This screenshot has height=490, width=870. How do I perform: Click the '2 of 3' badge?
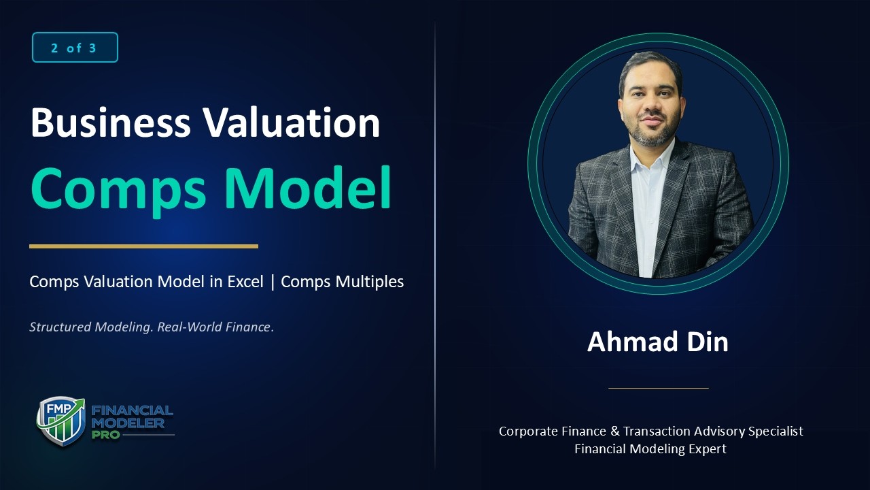pos(75,48)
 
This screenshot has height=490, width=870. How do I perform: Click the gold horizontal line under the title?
pos(143,246)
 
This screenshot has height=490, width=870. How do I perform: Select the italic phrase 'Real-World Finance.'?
pos(215,327)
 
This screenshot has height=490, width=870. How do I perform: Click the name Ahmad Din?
pos(657,342)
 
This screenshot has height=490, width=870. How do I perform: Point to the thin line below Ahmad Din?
pos(658,388)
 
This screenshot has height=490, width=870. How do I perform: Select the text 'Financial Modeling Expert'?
pos(650,449)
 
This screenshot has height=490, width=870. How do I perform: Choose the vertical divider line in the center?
pos(435,245)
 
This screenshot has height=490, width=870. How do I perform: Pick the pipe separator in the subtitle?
pos(273,282)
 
